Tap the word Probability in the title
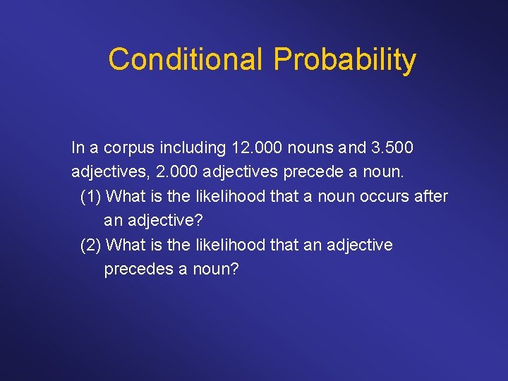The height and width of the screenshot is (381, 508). (344, 61)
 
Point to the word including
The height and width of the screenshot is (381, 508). (193, 149)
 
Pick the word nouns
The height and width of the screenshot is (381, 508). (310, 148)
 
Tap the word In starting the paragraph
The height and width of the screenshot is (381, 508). (78, 148)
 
